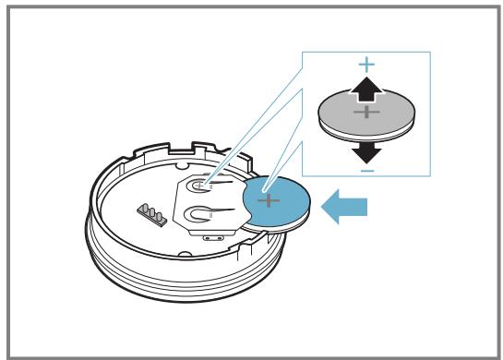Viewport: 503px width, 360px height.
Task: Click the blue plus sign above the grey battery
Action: point(367,65)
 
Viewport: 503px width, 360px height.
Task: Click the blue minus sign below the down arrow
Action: point(367,171)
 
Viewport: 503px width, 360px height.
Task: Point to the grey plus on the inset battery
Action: point(367,113)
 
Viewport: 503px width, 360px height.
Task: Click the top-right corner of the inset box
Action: point(431,52)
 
